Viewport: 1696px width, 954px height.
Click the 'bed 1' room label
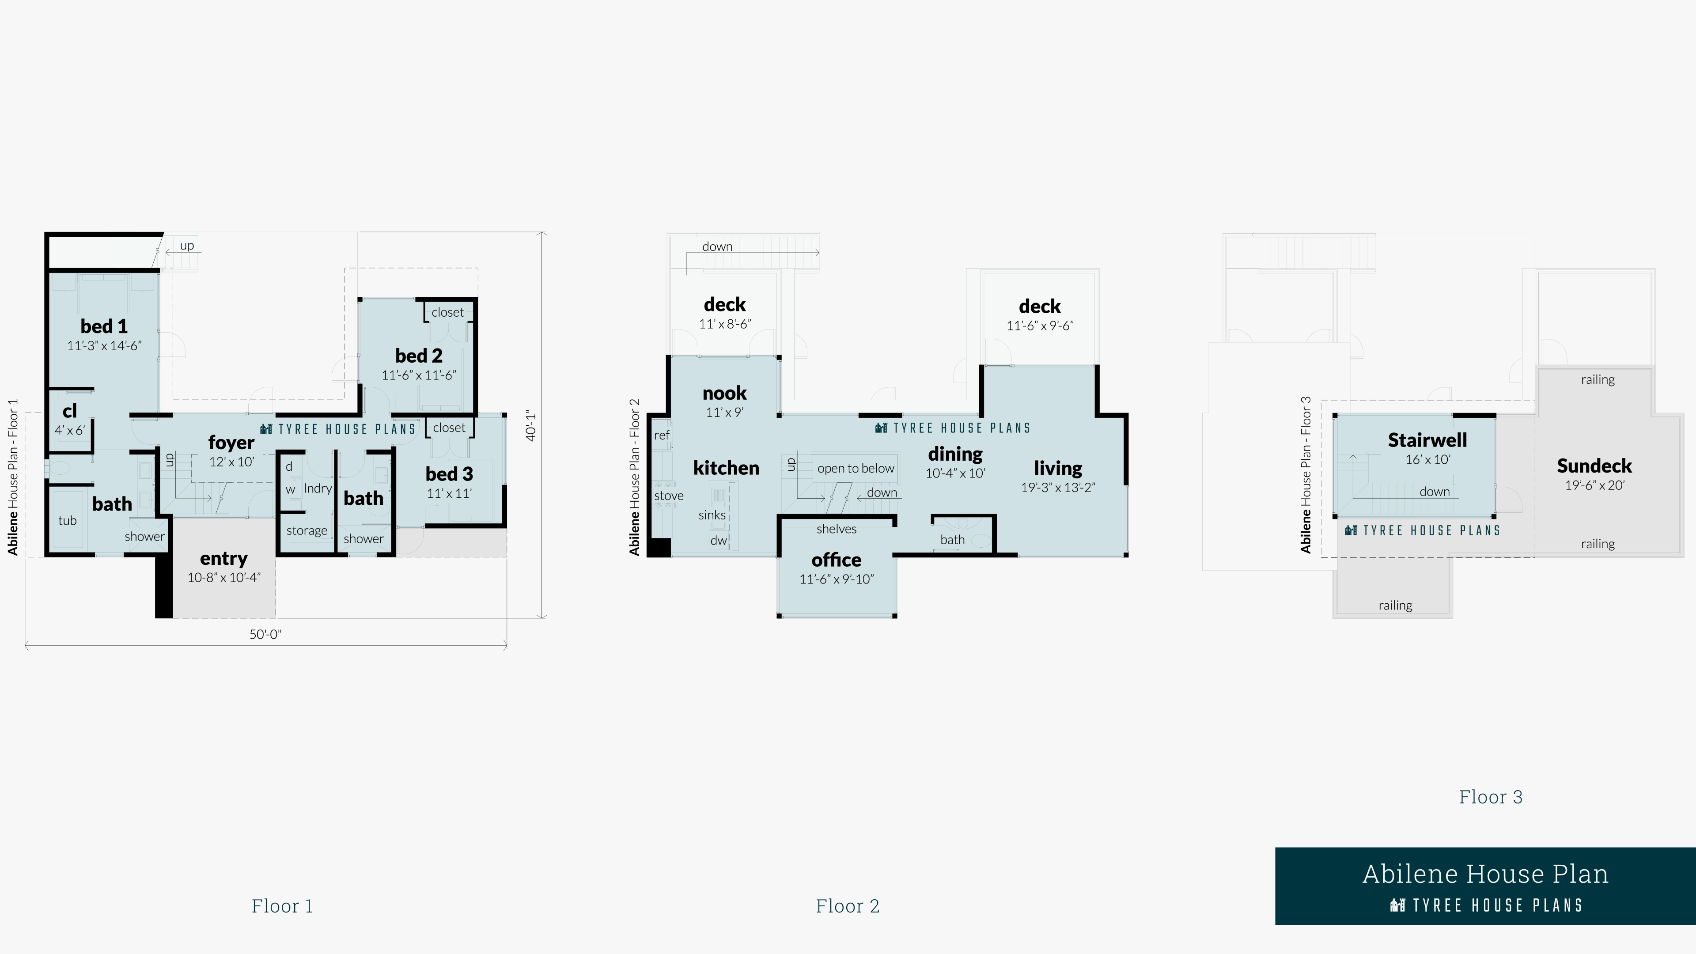coord(104,326)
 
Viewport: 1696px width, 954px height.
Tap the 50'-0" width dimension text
coord(265,634)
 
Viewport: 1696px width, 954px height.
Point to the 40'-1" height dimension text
coord(530,426)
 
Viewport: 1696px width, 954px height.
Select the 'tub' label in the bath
coord(67,521)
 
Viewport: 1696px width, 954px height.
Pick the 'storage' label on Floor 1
coord(306,530)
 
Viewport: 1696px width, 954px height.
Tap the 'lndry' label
coord(318,488)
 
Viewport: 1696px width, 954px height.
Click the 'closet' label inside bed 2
coord(448,313)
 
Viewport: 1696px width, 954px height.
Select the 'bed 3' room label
coord(449,474)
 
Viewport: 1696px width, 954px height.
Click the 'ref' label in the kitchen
coord(662,435)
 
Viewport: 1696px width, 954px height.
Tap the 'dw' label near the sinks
coord(718,541)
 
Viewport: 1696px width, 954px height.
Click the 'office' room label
coord(836,560)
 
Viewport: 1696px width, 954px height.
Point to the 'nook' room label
coord(724,394)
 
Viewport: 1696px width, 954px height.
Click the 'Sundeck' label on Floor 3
coord(1594,466)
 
